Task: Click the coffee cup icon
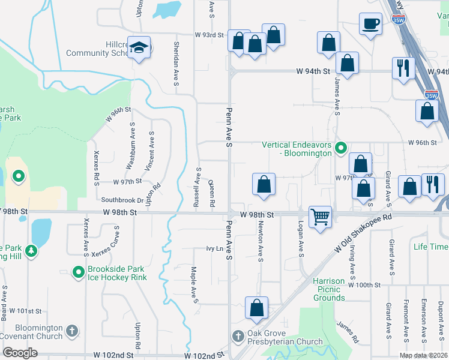[370, 24]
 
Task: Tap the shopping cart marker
[321, 216]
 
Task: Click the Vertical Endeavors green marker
[341, 147]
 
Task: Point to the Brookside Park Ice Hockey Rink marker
[77, 272]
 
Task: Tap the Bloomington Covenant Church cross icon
[71, 331]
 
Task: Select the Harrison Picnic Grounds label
[329, 289]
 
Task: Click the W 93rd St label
[209, 35]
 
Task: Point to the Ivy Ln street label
[214, 248]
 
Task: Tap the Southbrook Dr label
[122, 200]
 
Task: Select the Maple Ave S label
[194, 285]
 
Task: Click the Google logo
[20, 353]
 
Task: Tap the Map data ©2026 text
[423, 355]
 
